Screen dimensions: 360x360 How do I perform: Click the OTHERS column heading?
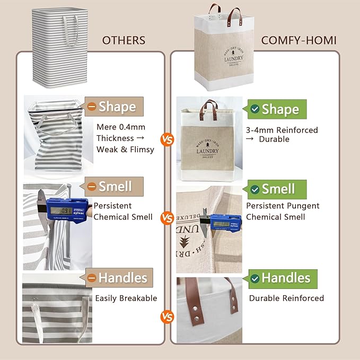click(123, 40)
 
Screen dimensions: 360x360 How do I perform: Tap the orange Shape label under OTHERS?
click(115, 107)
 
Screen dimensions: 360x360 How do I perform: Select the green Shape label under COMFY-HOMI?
click(274, 109)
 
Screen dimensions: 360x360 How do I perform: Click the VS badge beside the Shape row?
click(168, 140)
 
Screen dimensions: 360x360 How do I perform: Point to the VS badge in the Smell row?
click(168, 217)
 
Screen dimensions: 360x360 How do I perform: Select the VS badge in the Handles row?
click(168, 317)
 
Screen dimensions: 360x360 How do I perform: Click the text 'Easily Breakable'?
click(126, 298)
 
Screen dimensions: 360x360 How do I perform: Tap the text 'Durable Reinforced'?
click(286, 298)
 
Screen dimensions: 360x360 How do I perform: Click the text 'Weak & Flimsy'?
click(125, 149)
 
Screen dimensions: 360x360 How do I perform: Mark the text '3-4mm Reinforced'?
click(282, 130)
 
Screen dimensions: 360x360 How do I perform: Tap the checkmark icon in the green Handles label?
click(255, 278)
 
